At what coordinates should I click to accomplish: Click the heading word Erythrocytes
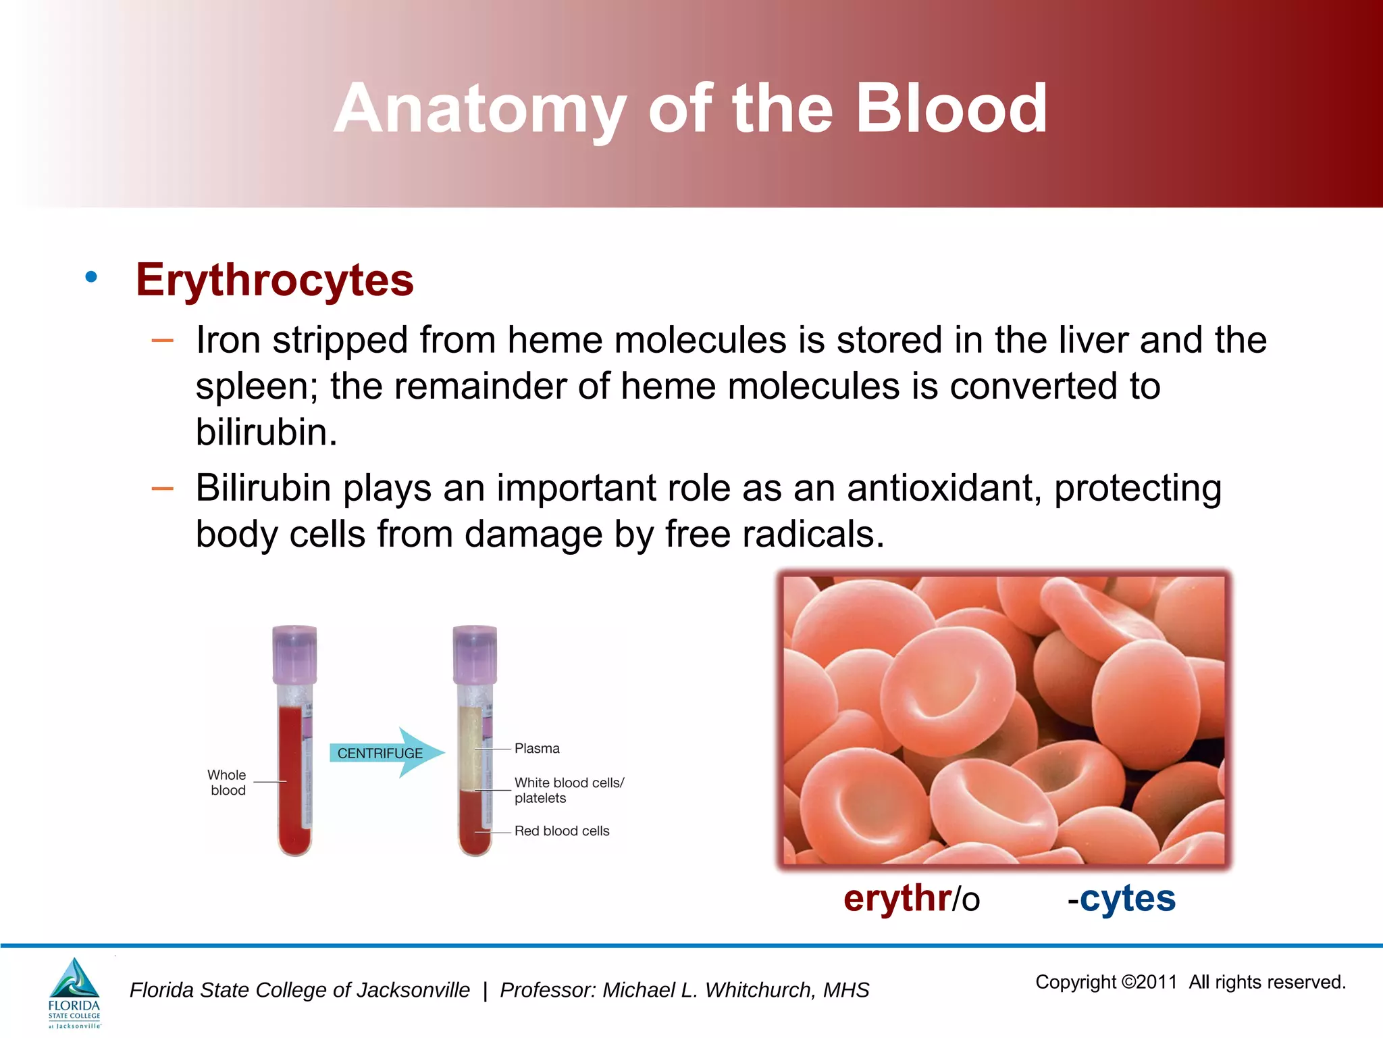(x=274, y=280)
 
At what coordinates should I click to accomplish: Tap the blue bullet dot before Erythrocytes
(x=91, y=276)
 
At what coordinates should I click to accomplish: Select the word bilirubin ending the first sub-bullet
(x=265, y=432)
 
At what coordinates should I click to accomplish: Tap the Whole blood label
(x=227, y=783)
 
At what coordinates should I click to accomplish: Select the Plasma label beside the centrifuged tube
(x=537, y=748)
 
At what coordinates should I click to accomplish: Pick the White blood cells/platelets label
(x=568, y=790)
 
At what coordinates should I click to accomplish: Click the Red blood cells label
(x=561, y=831)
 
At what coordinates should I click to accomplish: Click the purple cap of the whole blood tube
(x=294, y=653)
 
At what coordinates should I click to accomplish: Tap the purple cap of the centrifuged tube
(x=475, y=653)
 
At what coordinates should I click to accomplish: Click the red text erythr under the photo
(x=897, y=899)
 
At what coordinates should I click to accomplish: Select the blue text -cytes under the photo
(x=1122, y=899)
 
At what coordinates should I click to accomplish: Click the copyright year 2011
(x=1157, y=982)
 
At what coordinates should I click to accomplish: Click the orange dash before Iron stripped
(x=163, y=341)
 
